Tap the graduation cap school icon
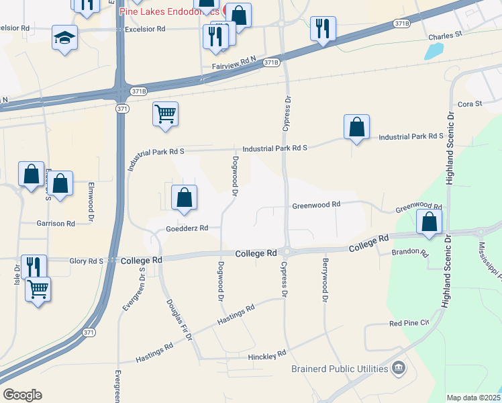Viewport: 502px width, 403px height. click(65, 38)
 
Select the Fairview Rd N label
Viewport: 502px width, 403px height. click(235, 66)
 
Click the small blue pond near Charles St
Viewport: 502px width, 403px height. click(435, 51)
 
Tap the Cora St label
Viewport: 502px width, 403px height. click(469, 104)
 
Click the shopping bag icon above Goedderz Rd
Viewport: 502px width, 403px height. click(184, 197)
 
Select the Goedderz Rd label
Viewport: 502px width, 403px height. click(183, 228)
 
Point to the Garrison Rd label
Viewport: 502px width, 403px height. click(56, 223)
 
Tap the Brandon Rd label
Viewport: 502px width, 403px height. click(409, 254)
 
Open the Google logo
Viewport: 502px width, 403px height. click(22, 395)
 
